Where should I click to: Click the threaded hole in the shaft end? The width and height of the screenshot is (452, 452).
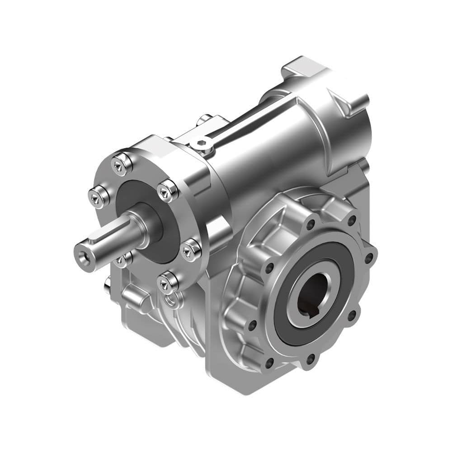83,257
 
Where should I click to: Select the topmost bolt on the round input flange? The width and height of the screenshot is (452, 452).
122,164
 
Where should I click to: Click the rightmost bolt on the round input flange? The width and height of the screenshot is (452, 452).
191,250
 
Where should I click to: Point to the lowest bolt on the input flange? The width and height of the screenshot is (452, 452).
168,283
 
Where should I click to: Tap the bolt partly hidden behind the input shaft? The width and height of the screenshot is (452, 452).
122,260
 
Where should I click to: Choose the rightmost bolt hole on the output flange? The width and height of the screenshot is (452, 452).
369,258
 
